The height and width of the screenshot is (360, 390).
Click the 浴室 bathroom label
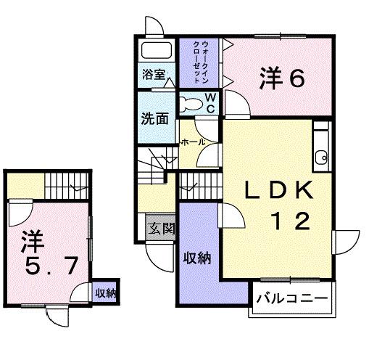tap(154, 74)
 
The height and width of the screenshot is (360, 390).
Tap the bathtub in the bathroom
tap(155, 52)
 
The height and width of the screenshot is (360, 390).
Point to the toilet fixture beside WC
tap(191, 102)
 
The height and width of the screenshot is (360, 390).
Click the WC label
tap(209, 102)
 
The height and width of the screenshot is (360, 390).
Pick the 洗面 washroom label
tap(154, 117)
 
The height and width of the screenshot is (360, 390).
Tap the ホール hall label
tap(193, 142)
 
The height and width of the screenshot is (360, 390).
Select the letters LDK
tap(278, 191)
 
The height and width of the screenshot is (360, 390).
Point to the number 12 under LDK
tap(292, 219)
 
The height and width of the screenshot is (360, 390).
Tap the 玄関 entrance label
tap(162, 229)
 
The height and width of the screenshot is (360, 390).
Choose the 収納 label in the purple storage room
tap(196, 258)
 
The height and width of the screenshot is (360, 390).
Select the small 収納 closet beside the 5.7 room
tap(106, 294)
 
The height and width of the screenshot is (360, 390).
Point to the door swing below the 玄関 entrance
tap(157, 258)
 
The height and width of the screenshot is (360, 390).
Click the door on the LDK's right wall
tap(342, 242)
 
